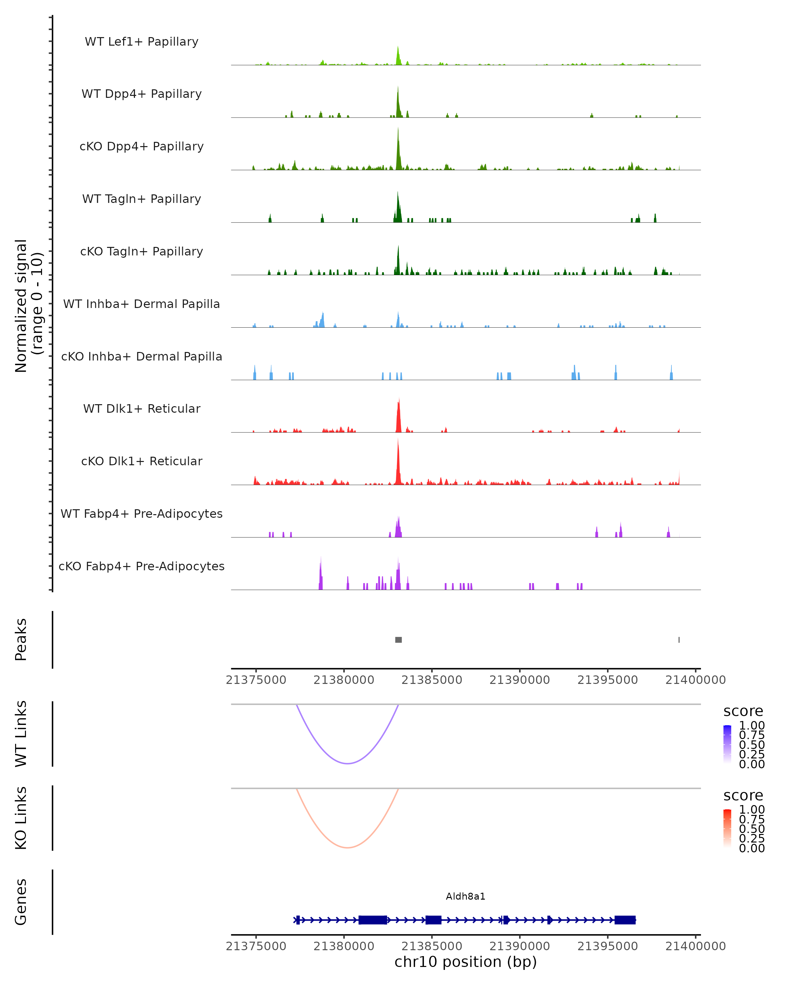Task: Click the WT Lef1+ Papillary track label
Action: point(142,42)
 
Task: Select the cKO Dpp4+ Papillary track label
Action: point(142,146)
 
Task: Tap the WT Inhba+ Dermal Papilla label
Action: point(142,304)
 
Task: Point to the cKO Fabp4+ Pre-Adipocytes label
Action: point(142,566)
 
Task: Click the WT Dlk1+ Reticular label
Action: point(142,408)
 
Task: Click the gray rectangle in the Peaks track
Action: point(398,640)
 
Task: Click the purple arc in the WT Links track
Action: point(348,763)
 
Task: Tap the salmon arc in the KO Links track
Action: point(348,847)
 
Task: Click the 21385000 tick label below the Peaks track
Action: point(432,680)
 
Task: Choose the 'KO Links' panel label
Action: point(21,818)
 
